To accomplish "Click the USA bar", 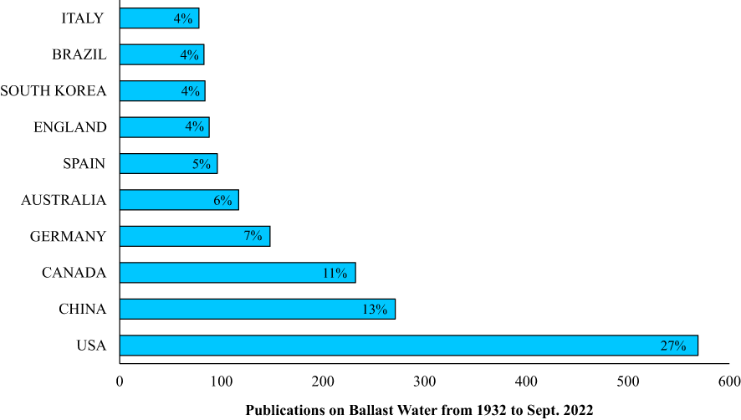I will tap(408, 346).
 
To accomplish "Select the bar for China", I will tap(257, 309).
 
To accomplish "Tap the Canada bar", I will tap(238, 273).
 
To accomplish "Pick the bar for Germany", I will tap(194, 236).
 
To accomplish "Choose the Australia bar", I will tap(179, 200).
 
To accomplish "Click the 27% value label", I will tap(674, 346).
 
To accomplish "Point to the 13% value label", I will tap(374, 310).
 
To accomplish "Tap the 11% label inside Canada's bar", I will tap(335, 273).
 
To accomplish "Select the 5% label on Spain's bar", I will tap(202, 164).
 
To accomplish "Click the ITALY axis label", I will tap(83, 18).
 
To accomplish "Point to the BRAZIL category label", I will tap(79, 54).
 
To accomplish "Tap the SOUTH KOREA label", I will tap(54, 90).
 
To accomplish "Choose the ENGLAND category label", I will tap(70, 127).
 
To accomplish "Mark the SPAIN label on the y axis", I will tap(84, 163).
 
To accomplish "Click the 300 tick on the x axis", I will tap(425, 382).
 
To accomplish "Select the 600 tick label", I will tap(729, 382).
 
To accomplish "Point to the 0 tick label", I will tap(120, 382).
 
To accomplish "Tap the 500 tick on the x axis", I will tap(628, 382).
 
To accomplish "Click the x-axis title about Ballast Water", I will tap(419, 410).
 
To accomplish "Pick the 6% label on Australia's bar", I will tap(222, 201).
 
